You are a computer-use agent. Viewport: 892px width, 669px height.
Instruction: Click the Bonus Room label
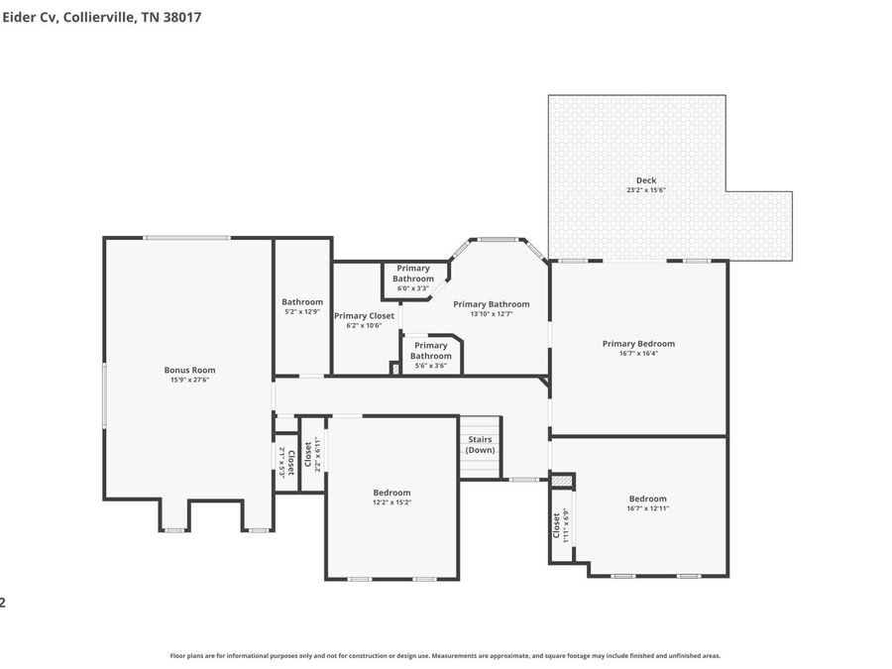point(189,370)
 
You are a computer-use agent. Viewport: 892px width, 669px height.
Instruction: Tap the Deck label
point(646,180)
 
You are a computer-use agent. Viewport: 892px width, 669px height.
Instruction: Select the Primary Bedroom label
point(638,344)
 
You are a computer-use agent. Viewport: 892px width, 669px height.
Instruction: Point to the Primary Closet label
point(364,316)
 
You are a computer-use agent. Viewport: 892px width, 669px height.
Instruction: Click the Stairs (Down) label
point(480,444)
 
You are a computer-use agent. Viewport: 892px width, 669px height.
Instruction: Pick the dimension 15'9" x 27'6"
point(190,380)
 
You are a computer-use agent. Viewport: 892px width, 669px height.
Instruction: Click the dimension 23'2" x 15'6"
point(646,190)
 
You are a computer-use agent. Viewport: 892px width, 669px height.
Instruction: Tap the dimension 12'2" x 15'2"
point(391,502)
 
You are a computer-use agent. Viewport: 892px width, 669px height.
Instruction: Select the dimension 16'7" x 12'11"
point(648,508)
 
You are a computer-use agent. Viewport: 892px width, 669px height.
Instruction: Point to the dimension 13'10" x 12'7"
point(492,313)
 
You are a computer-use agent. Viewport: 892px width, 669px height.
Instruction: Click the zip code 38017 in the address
point(182,17)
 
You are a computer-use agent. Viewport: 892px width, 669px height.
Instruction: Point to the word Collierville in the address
point(99,17)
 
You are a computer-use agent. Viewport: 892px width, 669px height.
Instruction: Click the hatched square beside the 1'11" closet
point(563,482)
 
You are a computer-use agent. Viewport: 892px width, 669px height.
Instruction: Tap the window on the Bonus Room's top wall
point(186,238)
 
